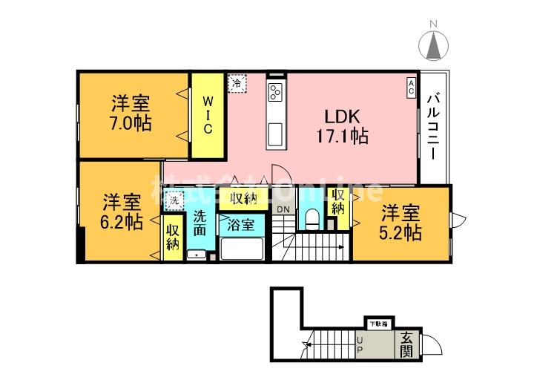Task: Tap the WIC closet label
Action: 208,114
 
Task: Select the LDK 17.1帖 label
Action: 340,126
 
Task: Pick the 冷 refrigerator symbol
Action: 237,84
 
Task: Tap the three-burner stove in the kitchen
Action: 275,93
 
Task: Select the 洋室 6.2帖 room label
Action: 123,212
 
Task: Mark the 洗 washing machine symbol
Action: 174,200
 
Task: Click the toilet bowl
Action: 312,219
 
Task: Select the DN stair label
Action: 284,210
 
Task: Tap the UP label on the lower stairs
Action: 360,343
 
